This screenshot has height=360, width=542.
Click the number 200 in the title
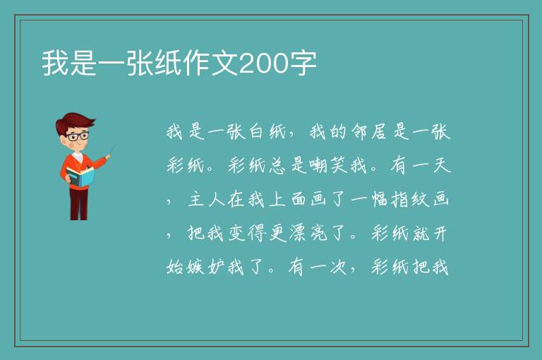[x=263, y=64]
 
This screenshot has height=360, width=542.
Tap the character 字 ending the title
[x=303, y=64]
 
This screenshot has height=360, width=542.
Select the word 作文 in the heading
[x=210, y=64]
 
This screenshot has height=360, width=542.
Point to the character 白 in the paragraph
[x=256, y=132]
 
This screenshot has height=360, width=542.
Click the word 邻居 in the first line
[x=368, y=132]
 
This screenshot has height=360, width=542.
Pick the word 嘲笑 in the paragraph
[x=327, y=165]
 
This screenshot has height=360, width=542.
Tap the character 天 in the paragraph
[x=442, y=165]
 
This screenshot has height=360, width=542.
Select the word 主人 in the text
[x=206, y=200]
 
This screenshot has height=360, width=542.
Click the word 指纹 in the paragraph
[x=410, y=200]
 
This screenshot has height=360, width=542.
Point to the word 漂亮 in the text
[x=308, y=234]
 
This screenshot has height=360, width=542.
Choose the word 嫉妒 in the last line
[x=195, y=268]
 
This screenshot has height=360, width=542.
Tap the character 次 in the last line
[x=338, y=268]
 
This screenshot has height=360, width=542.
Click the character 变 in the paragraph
[x=236, y=234]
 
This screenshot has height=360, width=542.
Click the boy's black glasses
[x=78, y=136]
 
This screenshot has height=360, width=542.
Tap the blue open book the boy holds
[x=80, y=176]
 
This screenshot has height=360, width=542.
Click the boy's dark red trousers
[x=79, y=204]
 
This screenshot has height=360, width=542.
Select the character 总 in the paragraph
[x=277, y=165]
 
